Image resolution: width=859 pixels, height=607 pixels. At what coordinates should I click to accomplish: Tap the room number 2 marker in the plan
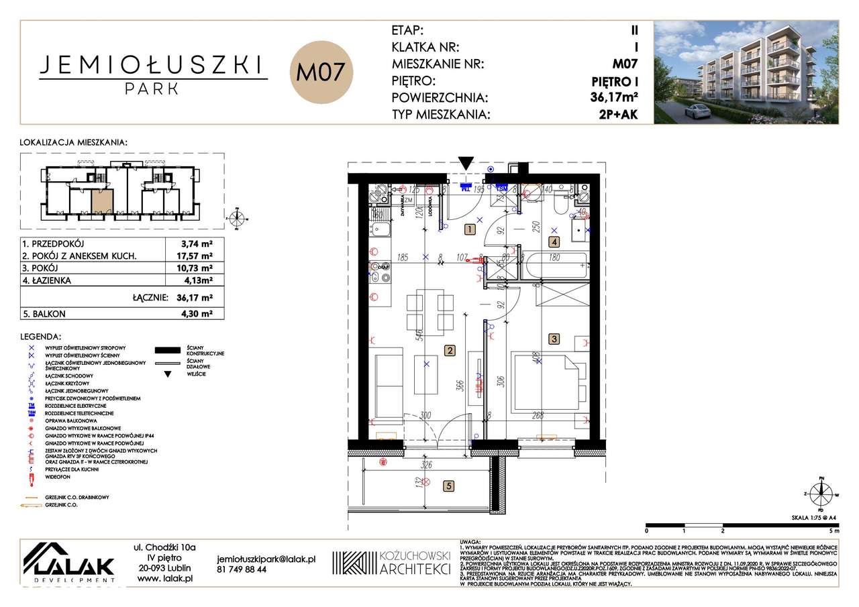tap(450, 349)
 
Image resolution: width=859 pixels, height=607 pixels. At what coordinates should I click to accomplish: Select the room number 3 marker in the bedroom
tap(554, 339)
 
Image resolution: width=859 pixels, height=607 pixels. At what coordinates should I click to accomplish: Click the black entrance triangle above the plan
tap(466, 164)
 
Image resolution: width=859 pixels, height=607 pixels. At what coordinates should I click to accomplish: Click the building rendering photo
tap(746, 72)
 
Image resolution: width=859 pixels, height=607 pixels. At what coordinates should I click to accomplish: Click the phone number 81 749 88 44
tap(242, 569)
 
